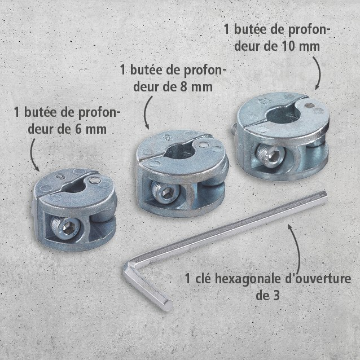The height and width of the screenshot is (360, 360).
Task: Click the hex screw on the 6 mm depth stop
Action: tap(65, 229)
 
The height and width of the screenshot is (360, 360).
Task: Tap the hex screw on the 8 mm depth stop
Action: tap(165, 192)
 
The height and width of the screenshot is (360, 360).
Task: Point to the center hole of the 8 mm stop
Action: tap(179, 152)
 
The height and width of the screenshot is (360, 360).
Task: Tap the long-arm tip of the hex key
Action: tap(324, 196)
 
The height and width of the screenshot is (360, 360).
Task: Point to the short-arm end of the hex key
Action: tap(168, 306)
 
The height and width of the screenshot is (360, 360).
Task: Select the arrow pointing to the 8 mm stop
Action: tap(146, 113)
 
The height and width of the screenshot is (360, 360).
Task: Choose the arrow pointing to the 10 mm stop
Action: tap(319, 73)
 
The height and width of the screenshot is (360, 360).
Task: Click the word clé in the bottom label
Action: tap(204, 279)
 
